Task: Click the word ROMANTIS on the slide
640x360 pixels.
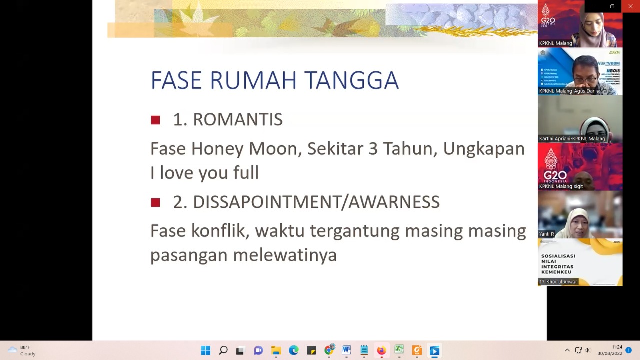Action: pos(237,120)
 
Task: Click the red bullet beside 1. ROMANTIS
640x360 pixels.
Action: pos(155,120)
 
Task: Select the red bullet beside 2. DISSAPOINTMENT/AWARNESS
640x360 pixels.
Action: pos(155,202)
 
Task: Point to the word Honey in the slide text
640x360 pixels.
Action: pos(217,149)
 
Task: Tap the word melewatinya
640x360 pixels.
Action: pos(285,255)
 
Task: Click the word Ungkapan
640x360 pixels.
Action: pos(483,149)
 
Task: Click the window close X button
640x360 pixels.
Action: pos(630,6)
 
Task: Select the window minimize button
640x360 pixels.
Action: pos(593,6)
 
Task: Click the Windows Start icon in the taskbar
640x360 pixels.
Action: pos(205,351)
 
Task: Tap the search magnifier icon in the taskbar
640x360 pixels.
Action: pos(223,351)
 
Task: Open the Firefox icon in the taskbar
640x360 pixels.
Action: pos(381,351)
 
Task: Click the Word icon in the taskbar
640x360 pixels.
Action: pos(346,351)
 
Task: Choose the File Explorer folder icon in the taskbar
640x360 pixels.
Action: pos(276,351)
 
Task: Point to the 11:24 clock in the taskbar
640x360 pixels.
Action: pos(617,347)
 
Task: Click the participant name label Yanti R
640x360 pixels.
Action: pos(546,234)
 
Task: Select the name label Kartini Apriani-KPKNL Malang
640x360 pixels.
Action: pos(572,139)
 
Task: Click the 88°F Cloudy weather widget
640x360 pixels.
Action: pos(22,350)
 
